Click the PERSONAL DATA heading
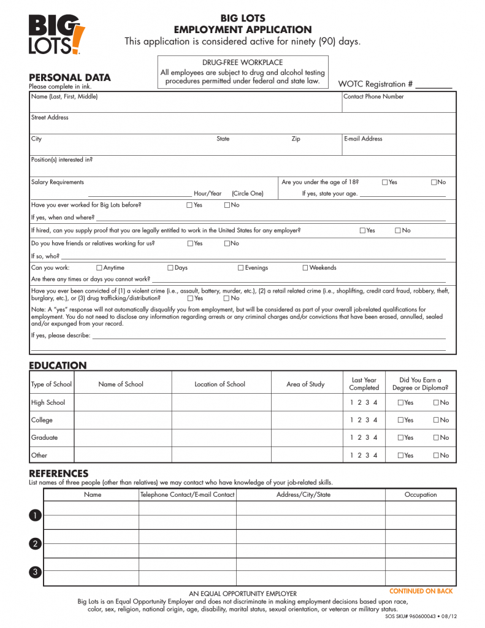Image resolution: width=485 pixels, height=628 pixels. tap(70, 77)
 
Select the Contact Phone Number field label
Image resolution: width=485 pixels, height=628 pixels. tap(373, 97)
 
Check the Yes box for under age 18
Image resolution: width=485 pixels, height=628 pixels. tap(384, 182)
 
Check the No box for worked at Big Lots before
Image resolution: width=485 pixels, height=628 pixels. tap(227, 205)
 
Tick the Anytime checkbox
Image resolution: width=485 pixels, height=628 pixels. tap(99, 268)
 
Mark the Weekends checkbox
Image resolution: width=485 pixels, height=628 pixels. tap(305, 268)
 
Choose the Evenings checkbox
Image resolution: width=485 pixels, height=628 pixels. tap(241, 268)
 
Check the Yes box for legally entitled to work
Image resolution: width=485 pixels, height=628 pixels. tap(362, 231)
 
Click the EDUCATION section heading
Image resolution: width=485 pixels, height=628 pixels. tap(58, 366)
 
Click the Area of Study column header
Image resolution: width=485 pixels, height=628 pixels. tap(305, 385)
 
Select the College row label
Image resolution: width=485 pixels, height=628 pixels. tap(42, 420)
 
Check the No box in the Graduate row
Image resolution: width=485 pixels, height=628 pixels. tap(436, 438)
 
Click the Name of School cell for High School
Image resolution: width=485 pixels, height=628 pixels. tap(123, 403)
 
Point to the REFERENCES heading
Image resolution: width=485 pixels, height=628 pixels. tap(59, 473)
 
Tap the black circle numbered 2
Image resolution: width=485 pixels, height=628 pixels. tap(36, 544)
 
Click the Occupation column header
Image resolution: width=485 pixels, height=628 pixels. tap(421, 495)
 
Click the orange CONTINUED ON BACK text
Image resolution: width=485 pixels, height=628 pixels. tap(421, 591)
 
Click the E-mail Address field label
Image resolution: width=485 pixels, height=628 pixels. tap(363, 139)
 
